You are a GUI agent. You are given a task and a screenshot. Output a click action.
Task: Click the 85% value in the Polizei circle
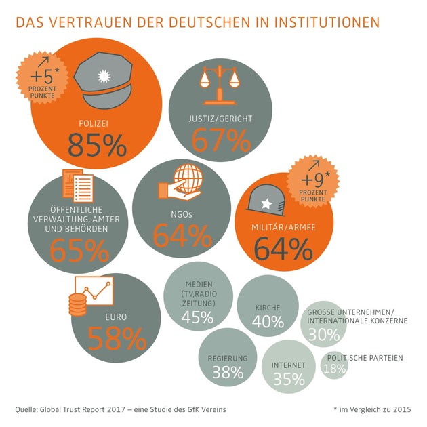[x=97, y=144]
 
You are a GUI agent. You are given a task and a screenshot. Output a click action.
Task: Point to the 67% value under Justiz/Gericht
[x=221, y=140]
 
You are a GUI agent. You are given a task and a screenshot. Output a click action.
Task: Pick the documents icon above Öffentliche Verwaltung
[x=76, y=189]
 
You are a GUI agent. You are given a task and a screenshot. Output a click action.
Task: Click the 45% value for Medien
[x=198, y=317]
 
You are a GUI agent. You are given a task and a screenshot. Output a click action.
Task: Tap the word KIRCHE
[x=268, y=307]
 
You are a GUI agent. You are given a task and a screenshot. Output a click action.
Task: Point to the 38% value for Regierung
[x=227, y=371]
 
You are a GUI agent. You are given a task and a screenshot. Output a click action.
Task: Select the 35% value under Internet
[x=289, y=379]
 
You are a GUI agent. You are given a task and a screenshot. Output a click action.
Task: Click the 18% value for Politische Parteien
[x=334, y=369]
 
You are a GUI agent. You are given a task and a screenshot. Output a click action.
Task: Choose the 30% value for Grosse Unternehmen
[x=323, y=334]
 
